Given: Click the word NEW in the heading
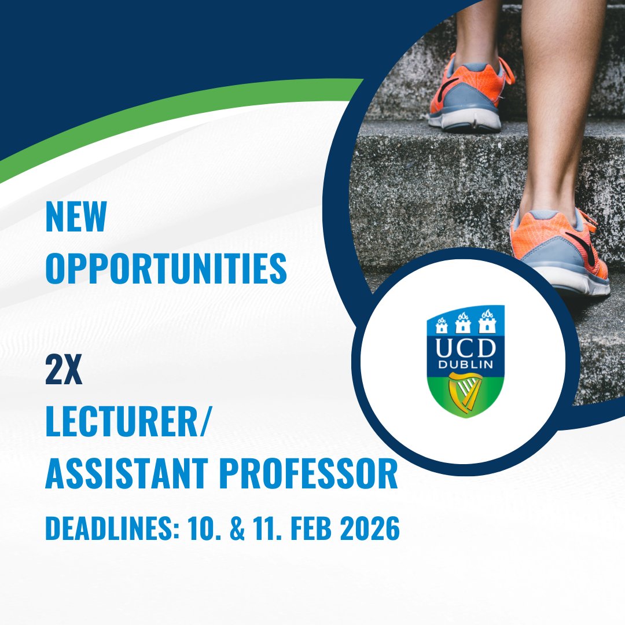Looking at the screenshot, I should pos(76,217).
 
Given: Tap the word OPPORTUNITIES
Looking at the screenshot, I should pos(166,268).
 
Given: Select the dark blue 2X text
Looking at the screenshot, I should pos(64,373).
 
